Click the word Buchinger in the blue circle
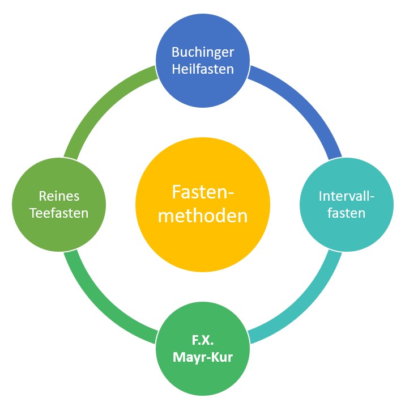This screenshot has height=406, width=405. [x=202, y=52]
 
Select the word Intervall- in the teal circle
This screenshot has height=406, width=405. [x=347, y=196]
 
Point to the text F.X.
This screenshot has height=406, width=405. [x=203, y=342]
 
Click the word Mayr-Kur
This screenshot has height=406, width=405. [x=203, y=358]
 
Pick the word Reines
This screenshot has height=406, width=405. [x=59, y=196]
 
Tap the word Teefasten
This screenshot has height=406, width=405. [x=59, y=213]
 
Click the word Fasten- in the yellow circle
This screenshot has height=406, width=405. [x=203, y=192]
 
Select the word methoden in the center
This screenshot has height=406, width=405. [x=203, y=216]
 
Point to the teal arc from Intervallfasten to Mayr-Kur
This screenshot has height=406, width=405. [x=306, y=303]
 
